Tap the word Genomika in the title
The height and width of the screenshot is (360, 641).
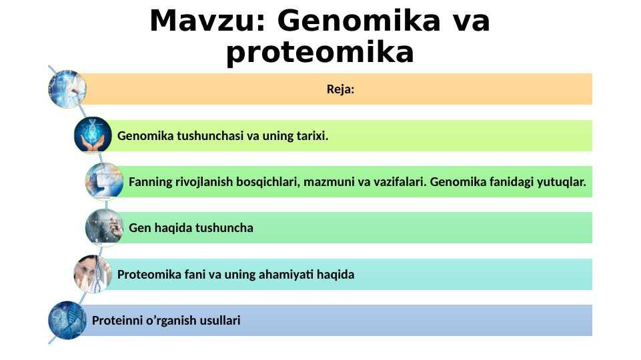pos(359,21)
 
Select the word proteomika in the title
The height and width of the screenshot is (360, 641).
pos(320,53)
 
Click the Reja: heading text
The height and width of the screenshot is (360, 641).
pos(340,89)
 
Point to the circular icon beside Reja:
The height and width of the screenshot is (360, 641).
pos(67,89)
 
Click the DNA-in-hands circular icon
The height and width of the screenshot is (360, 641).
pos(93,135)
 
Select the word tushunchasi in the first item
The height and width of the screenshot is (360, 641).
pos(209,135)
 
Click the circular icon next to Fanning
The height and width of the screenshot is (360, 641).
pos(104,181)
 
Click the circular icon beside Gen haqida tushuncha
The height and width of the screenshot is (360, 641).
pos(104,227)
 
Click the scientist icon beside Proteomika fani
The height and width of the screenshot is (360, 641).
pos(93,274)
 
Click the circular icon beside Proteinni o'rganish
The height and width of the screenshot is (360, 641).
pos(67,321)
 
